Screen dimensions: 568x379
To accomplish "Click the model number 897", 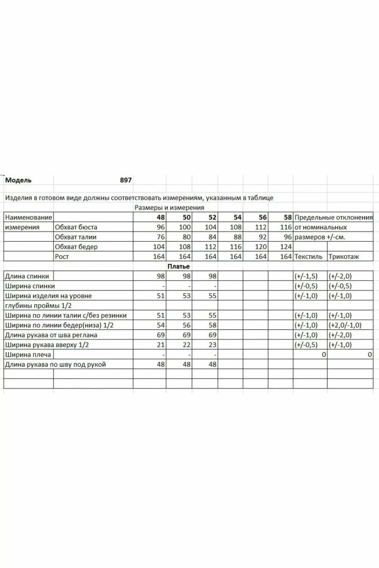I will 126,180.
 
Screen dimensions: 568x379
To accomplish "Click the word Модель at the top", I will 18,180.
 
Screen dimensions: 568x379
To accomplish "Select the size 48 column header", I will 161,217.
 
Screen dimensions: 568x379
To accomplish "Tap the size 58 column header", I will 288,217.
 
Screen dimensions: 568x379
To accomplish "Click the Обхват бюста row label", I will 76,227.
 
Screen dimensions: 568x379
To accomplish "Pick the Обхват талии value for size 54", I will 237,237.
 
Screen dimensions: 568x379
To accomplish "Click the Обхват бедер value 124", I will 286,247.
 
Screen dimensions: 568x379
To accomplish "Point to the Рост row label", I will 62,256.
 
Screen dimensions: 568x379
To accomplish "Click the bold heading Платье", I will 179,266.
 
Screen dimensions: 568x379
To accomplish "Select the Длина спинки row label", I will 27,276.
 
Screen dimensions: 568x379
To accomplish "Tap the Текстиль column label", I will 308,256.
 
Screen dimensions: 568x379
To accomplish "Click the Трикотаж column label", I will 344,256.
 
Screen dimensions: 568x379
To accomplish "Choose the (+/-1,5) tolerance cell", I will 306,276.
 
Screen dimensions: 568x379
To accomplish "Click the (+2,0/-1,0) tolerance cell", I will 345,325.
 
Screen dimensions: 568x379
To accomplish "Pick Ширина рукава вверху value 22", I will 187,345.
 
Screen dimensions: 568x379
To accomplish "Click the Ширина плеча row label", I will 28,355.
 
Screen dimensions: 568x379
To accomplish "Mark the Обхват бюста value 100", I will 185,227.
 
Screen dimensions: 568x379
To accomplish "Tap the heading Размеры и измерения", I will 169,208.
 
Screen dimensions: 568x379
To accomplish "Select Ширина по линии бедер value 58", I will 212,325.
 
